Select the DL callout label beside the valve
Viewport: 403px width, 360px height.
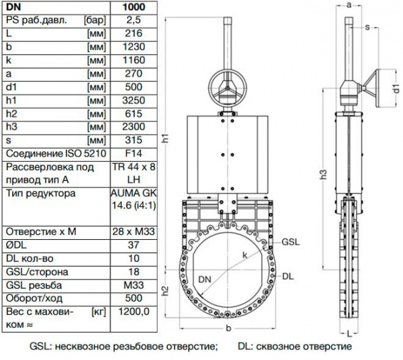pyautogui.click(x=288, y=275)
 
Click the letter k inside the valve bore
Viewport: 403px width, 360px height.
pyautogui.click(x=245, y=255)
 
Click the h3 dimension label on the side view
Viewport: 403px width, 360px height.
pyautogui.click(x=324, y=176)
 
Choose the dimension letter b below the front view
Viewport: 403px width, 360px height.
pyautogui.click(x=229, y=328)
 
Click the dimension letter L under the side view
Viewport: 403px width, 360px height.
pyautogui.click(x=350, y=333)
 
